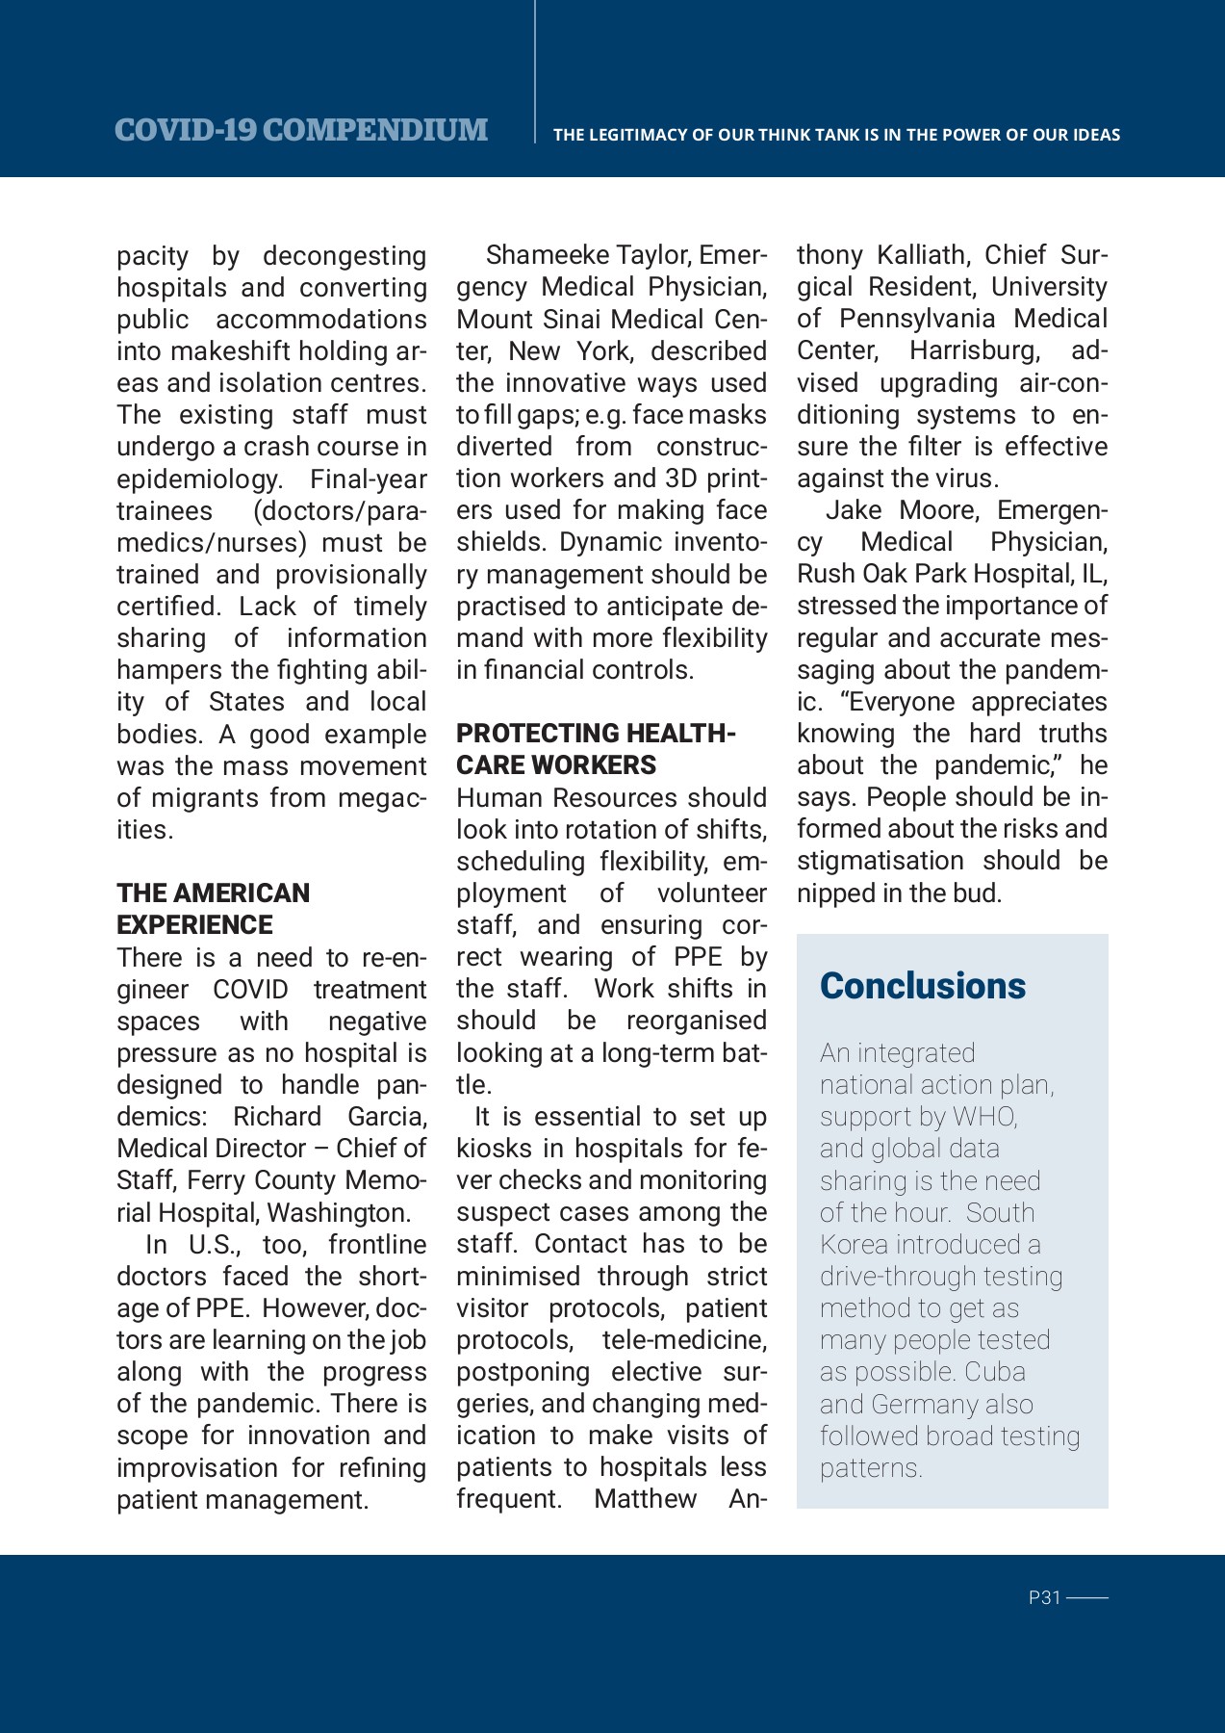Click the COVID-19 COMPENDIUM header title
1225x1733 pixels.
pos(300,130)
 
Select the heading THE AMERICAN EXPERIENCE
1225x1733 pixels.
pos(213,908)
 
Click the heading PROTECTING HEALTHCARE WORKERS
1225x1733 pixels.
pos(595,749)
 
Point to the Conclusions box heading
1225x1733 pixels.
pos(922,986)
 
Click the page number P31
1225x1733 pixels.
pos(1044,1597)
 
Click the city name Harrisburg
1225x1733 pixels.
pos(974,350)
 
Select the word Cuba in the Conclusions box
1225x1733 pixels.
pos(995,1372)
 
